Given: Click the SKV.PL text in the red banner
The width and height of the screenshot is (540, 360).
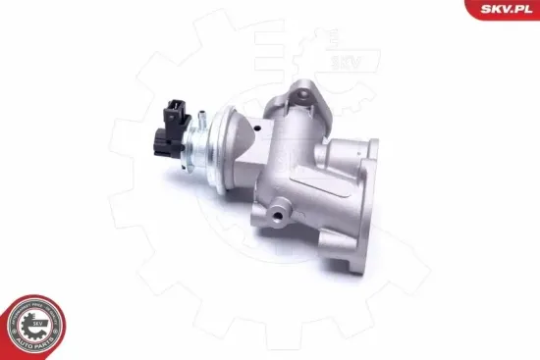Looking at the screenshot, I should coord(507,10).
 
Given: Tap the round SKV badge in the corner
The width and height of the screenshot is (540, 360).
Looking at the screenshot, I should coord(36,324).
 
